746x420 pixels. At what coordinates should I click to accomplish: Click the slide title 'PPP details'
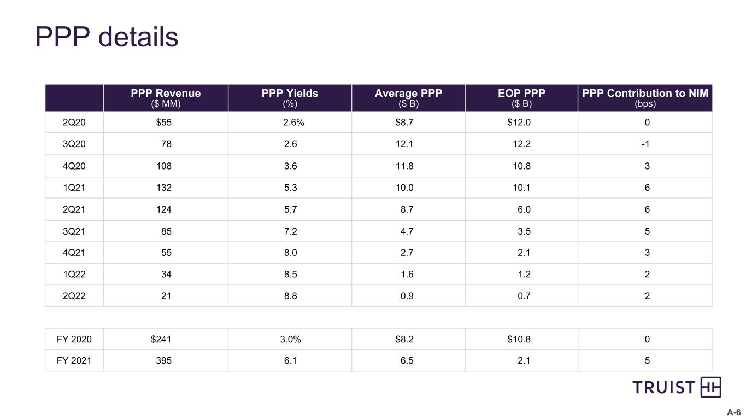click(x=107, y=37)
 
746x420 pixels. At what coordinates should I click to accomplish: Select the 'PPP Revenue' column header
click(x=166, y=94)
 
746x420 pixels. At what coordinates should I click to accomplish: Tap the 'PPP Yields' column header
click(x=290, y=94)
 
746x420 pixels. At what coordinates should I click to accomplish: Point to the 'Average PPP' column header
click(x=408, y=94)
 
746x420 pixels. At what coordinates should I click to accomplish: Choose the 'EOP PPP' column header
click(x=521, y=94)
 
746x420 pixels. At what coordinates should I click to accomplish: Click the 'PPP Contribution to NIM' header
click(x=645, y=94)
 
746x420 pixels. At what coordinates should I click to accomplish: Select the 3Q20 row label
click(x=74, y=144)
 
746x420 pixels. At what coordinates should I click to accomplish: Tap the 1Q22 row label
click(x=74, y=275)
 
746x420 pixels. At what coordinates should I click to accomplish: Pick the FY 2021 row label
click(x=74, y=361)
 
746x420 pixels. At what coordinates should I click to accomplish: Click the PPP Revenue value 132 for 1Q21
click(x=164, y=188)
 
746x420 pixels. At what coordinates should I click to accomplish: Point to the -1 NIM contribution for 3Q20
click(x=645, y=144)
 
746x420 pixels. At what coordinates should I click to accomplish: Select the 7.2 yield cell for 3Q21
click(x=290, y=231)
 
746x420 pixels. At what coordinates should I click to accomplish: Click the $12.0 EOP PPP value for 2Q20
click(x=519, y=122)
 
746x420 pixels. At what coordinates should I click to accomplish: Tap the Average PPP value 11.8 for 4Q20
click(x=404, y=166)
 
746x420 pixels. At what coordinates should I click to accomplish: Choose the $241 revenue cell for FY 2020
click(x=161, y=339)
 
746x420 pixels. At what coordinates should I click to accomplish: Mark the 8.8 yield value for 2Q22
click(x=290, y=296)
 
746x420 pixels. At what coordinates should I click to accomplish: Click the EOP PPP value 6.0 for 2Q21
click(x=524, y=209)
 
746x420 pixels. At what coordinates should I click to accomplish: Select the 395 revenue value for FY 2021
click(x=164, y=361)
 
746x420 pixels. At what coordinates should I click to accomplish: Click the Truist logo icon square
click(x=710, y=387)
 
